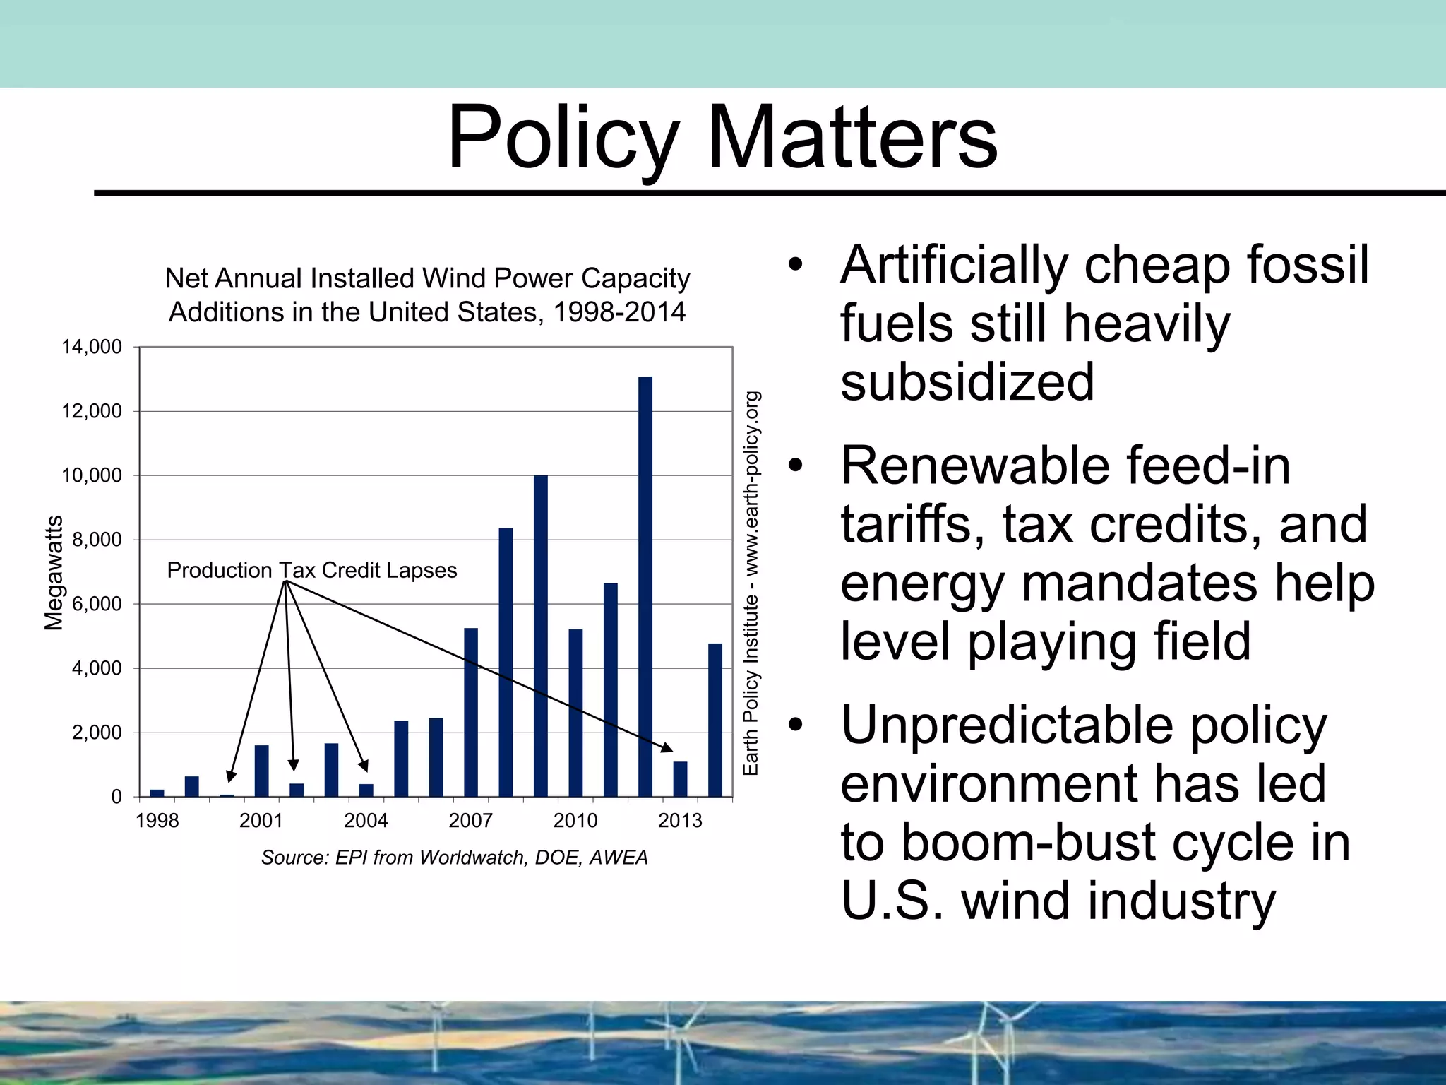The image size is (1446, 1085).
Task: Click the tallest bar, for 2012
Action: coord(645,586)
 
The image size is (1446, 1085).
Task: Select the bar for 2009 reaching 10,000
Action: coord(540,636)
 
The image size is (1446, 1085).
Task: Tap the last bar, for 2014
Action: coord(715,720)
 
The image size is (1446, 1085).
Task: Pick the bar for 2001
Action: coord(261,771)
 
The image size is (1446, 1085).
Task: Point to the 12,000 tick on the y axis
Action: coord(92,411)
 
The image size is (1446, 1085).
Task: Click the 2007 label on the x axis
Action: coord(470,821)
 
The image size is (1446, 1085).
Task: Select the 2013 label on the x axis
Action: coord(680,821)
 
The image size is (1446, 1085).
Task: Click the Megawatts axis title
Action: coord(54,573)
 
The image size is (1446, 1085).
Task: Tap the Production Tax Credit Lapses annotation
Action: coord(311,570)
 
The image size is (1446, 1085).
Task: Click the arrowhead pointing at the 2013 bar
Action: coord(667,747)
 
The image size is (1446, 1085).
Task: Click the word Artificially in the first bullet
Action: coord(954,265)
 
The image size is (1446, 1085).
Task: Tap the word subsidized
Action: coord(967,382)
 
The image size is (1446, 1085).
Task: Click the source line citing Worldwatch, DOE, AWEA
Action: coord(454,858)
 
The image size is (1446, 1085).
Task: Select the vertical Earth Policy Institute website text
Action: coord(751,583)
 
